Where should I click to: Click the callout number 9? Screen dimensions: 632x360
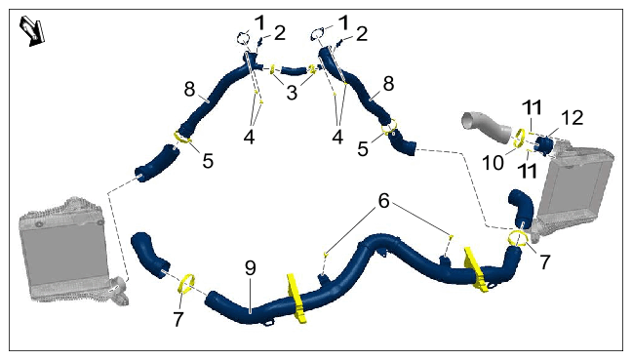point(251,267)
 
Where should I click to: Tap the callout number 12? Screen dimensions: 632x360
point(572,118)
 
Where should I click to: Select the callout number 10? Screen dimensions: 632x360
point(493,163)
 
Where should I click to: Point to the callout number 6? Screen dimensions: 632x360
point(383,200)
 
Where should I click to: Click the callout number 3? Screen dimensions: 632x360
point(292,93)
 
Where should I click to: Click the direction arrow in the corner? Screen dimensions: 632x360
point(32,30)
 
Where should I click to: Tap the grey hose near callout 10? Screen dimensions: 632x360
point(488,127)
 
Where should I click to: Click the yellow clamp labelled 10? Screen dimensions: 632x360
point(519,139)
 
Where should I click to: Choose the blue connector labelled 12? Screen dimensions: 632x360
point(543,145)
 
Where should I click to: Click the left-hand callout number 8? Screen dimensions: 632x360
point(189,89)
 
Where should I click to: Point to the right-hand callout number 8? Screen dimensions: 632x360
point(388,84)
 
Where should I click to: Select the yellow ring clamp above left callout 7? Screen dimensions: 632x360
point(186,284)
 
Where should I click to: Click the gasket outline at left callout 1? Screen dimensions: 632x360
point(242,38)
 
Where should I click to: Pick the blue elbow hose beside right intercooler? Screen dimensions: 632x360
point(521,207)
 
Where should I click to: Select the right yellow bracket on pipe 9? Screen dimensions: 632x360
point(476,268)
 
